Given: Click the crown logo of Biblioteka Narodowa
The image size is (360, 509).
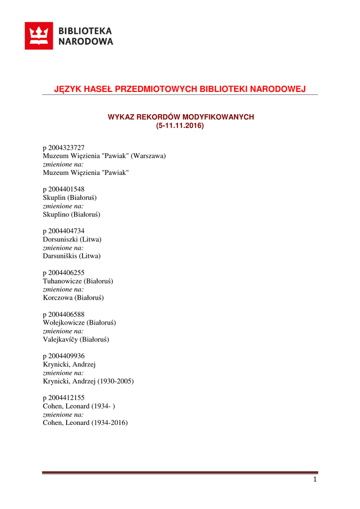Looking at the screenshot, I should tap(39, 36).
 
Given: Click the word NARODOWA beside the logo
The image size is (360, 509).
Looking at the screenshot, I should tap(86, 42).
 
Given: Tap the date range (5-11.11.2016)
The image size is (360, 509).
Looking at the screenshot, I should tap(180, 126).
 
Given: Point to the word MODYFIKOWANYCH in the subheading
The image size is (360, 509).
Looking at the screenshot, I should tap(218, 117).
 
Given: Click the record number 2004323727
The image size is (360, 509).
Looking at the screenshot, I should tap(67, 148).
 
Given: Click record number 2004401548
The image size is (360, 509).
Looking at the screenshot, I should tap(67, 189).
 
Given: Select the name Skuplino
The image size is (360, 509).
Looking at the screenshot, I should tap(56, 215).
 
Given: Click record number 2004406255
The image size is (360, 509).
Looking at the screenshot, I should tap(67, 273).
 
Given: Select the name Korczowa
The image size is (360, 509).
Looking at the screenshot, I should tap(58, 298).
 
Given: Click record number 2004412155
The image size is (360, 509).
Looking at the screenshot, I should tap(67, 398).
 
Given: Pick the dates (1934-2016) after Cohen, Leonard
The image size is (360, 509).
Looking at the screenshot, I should tap(110, 424).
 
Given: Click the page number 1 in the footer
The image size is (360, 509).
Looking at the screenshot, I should tap(315, 480).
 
